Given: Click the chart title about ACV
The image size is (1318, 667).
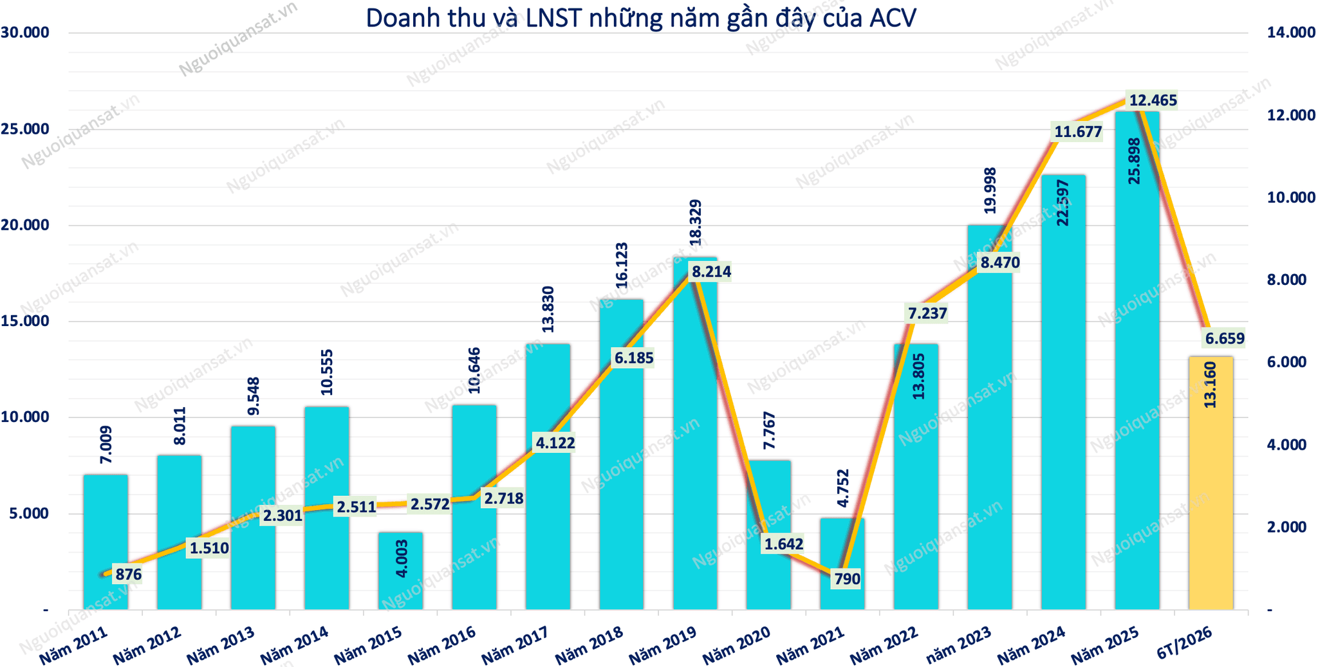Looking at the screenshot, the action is click(x=641, y=18).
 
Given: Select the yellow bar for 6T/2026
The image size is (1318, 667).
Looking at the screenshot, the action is click(x=1211, y=483).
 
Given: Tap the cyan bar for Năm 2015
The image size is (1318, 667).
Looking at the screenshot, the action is click(x=400, y=571).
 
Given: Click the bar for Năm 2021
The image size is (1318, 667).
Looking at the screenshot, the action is click(x=842, y=564).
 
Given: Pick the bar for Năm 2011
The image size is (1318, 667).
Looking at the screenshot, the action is click(x=106, y=542).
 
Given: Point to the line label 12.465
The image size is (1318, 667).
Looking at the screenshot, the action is click(x=1153, y=100).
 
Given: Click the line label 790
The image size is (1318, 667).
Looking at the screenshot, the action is click(x=847, y=580).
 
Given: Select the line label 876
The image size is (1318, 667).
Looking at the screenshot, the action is click(x=128, y=574).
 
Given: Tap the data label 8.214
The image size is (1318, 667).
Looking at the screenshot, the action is click(x=711, y=272).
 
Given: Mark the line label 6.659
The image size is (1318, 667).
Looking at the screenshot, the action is click(x=1225, y=338).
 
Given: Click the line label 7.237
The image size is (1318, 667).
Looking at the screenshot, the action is click(x=927, y=314).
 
